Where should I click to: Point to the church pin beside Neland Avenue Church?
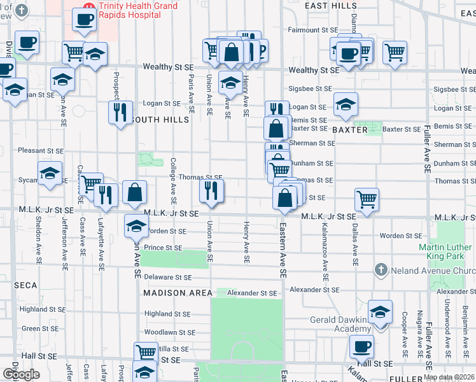[381, 270]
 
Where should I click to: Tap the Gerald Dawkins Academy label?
[339, 324]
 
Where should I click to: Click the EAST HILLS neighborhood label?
[331, 6]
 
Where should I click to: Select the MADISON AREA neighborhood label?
[178, 293]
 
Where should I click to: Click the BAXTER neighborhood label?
[350, 130]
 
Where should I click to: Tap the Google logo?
[21, 374]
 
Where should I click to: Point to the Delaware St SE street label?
[168, 278]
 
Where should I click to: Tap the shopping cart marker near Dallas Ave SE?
[367, 199]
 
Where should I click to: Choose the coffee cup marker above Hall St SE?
[361, 347]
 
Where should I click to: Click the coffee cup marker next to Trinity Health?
[83, 19]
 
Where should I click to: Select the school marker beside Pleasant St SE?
[50, 173]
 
